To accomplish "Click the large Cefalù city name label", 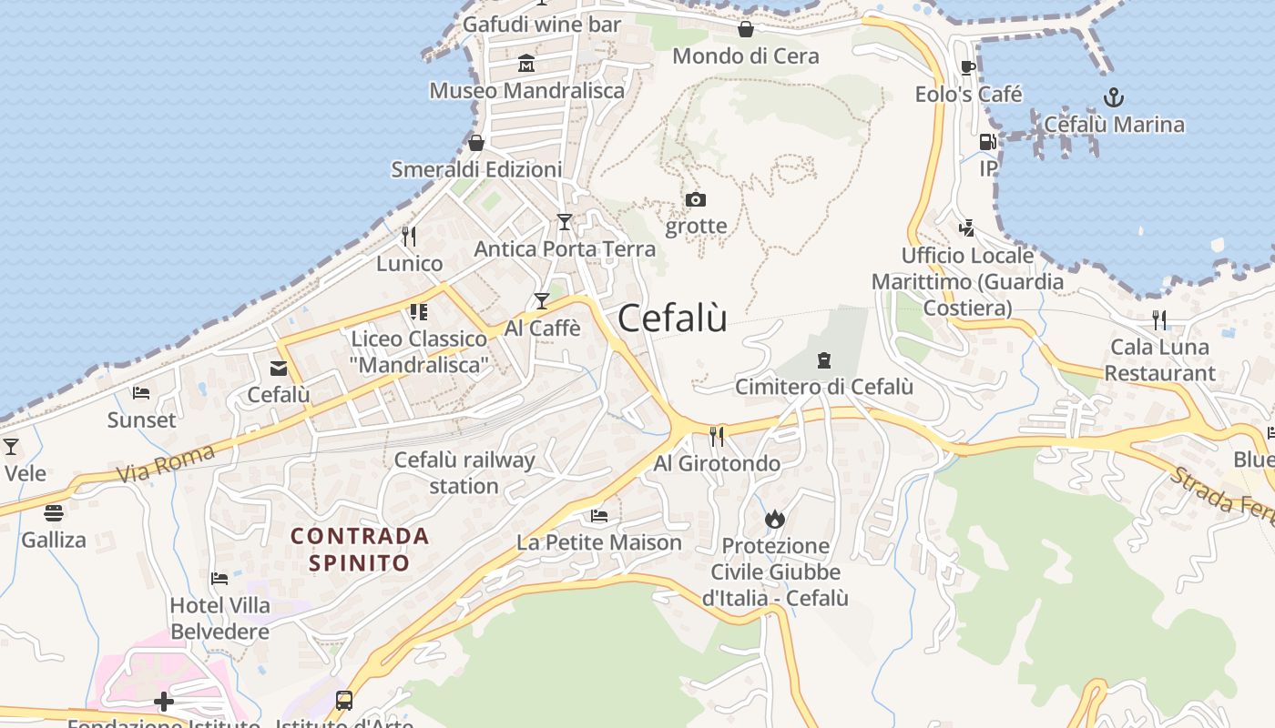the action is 672,318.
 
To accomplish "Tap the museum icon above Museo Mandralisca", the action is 526,64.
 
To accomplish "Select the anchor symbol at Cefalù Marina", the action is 1113,97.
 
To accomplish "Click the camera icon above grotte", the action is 696,199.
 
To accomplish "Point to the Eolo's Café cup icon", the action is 968,67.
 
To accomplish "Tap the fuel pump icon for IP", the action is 987,142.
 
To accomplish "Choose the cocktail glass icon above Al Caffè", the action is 542,300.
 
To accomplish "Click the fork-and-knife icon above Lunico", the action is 409,237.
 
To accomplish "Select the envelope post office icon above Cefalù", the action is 279,369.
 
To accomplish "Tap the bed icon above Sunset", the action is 141,393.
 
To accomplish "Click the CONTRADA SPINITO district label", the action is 360,549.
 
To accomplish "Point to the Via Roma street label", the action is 166,463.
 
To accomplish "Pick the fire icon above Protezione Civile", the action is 775,519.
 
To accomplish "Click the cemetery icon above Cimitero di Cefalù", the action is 824,360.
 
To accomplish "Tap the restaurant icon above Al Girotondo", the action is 717,437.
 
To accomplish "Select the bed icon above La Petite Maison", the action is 598,516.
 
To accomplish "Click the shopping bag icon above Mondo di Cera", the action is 746,29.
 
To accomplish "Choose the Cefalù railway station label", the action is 464,472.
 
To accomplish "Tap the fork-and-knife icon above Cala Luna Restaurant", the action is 1158,319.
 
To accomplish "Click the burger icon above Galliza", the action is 54,512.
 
